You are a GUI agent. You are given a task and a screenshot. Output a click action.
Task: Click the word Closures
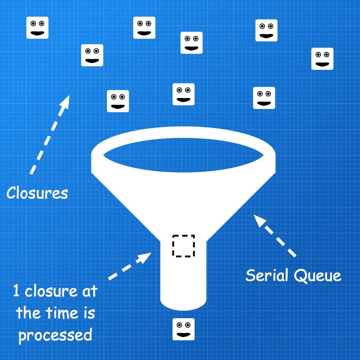click(x=37, y=193)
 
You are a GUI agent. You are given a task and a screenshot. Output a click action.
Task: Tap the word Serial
click(x=268, y=276)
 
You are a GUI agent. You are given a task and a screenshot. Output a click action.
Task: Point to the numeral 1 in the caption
click(x=16, y=291)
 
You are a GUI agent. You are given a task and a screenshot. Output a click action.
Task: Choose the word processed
click(x=55, y=335)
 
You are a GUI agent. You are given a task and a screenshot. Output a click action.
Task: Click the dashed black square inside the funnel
click(x=184, y=246)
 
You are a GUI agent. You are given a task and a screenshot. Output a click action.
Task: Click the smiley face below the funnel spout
click(x=184, y=329)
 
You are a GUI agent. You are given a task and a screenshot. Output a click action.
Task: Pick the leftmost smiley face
click(x=37, y=28)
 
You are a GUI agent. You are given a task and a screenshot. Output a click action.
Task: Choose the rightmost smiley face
click(x=322, y=59)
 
